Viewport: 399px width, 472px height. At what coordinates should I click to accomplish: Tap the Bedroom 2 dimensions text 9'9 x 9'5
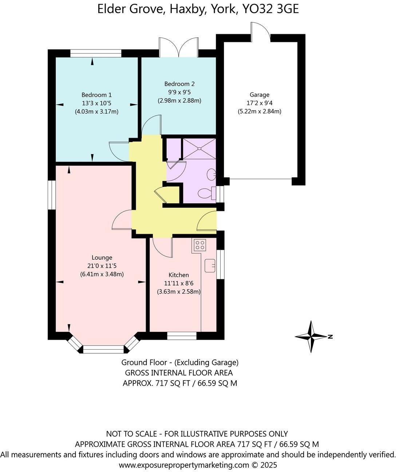pyautogui.click(x=179, y=92)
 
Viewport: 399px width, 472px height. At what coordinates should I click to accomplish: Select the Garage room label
pyautogui.click(x=259, y=95)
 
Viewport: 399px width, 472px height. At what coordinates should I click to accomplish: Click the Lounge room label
pyautogui.click(x=102, y=257)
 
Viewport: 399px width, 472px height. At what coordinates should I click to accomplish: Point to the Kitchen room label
pyautogui.click(x=178, y=275)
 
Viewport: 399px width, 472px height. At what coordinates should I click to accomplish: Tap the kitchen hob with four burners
pyautogui.click(x=199, y=244)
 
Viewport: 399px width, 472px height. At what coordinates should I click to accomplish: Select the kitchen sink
pyautogui.click(x=210, y=265)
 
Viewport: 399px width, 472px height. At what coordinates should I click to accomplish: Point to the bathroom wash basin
pyautogui.click(x=211, y=174)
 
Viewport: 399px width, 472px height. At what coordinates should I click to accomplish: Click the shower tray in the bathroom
pyautogui.click(x=199, y=149)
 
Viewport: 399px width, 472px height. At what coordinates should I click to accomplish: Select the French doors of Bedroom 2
pyautogui.click(x=179, y=47)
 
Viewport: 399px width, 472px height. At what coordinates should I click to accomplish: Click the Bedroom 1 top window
pyautogui.click(x=95, y=53)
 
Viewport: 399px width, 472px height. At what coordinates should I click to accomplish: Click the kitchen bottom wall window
pyautogui.click(x=182, y=336)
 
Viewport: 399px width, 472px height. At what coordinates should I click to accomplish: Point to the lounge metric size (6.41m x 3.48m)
pyautogui.click(x=102, y=274)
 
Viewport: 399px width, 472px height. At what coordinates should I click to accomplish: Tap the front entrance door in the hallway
pyautogui.click(x=206, y=222)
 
